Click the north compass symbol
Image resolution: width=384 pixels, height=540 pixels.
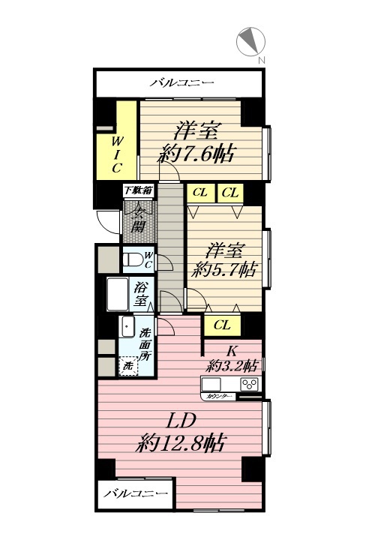[250, 42]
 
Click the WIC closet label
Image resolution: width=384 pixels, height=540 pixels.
[117, 154]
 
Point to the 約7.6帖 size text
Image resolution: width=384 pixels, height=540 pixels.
[196, 155]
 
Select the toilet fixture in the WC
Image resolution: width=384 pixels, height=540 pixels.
[134, 259]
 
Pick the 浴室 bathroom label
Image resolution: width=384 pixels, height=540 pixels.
[141, 293]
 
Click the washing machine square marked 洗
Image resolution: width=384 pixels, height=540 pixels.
[129, 367]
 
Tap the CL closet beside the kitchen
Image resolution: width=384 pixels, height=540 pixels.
[221, 325]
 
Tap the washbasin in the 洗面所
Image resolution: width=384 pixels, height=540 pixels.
[127, 328]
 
